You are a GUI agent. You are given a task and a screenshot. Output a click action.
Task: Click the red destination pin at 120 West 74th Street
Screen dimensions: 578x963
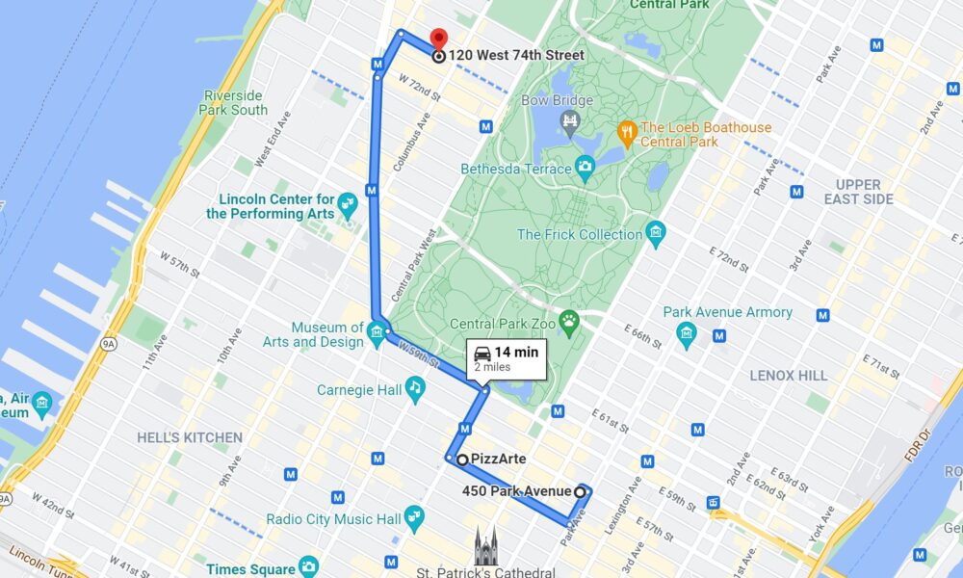[438, 40]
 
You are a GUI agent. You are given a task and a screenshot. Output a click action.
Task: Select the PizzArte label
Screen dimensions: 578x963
[498, 460]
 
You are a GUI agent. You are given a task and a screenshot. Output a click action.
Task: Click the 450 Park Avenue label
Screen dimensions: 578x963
[516, 492]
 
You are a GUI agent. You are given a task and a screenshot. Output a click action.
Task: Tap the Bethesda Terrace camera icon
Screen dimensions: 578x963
[585, 168]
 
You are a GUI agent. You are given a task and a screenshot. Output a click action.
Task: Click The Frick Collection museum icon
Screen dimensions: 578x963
[656, 233]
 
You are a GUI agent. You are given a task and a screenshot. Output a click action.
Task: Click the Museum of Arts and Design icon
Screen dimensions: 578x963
[377, 334]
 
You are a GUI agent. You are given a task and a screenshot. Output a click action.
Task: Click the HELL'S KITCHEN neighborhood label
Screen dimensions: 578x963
[190, 437]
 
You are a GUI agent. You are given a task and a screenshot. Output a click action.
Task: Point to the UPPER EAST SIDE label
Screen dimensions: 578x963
[858, 192]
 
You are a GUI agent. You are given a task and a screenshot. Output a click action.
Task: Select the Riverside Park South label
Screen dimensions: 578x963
[236, 102]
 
